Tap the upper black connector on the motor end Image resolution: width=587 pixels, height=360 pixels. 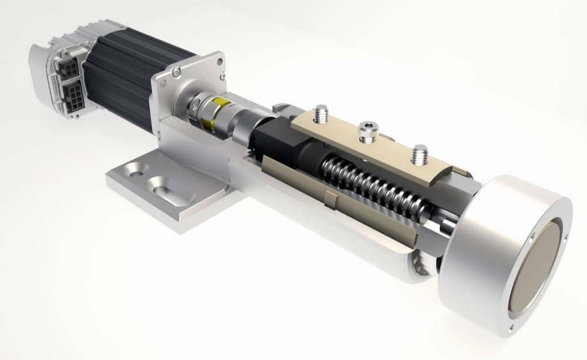69,69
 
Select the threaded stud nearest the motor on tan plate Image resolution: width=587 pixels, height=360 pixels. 321,114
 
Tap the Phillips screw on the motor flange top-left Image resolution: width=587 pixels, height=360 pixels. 176,72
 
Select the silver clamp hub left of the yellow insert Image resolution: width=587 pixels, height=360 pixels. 193,107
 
